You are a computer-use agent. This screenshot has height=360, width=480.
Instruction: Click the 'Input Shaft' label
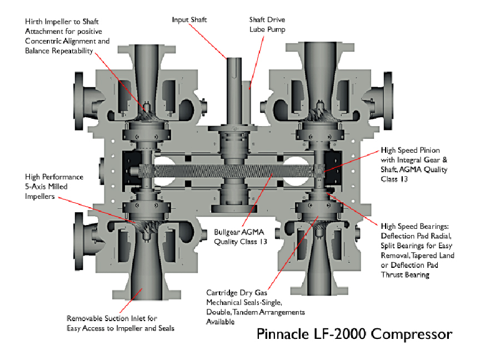[189, 19]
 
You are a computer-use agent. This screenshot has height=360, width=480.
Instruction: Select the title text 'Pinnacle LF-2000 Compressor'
[354, 334]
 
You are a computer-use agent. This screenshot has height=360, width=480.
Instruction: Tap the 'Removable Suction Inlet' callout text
[120, 323]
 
